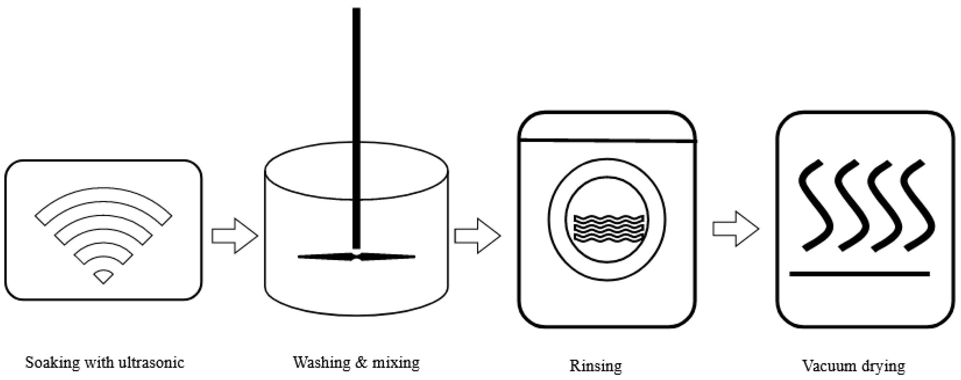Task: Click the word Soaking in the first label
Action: [x=52, y=363]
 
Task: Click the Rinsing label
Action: [x=595, y=366]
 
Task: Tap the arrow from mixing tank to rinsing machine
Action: [x=477, y=236]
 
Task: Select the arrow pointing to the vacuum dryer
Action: [x=735, y=229]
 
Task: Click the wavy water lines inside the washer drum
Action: [x=608, y=228]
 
